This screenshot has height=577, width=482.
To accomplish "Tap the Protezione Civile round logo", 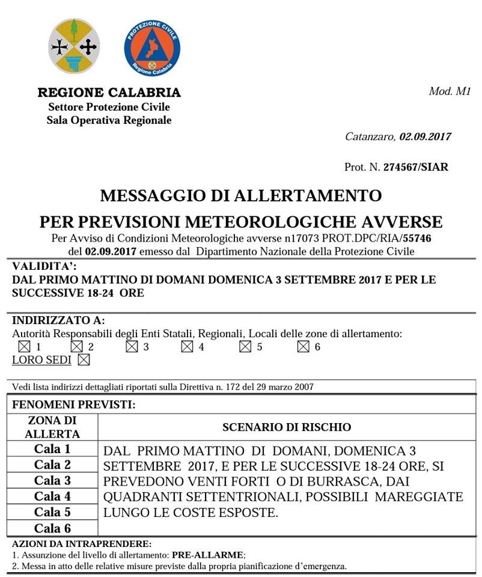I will (151, 47).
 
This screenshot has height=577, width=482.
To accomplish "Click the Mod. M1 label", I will (450, 91).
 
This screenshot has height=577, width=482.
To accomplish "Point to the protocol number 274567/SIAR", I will (416, 167).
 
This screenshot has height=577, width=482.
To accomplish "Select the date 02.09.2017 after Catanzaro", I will (425, 136).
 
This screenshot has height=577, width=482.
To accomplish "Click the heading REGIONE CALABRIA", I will (109, 93).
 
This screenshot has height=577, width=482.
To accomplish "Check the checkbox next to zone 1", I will (24, 347).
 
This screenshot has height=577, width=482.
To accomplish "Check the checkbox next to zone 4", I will (187, 347).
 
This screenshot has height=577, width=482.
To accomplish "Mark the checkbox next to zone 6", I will (303, 347).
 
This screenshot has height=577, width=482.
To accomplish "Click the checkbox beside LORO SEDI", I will (84, 360).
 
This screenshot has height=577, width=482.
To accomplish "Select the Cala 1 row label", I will (52, 449).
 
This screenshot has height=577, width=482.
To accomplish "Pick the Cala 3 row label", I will (52, 480).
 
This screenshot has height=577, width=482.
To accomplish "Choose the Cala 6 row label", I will (52, 528).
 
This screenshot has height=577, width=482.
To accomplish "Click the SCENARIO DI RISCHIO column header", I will (287, 427).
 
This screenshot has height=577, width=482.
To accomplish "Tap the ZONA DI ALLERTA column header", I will (52, 427).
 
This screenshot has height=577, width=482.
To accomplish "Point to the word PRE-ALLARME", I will (208, 555).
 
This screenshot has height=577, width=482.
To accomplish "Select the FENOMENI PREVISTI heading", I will (73, 405).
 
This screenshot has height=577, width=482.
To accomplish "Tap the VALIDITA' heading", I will (44, 266).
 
